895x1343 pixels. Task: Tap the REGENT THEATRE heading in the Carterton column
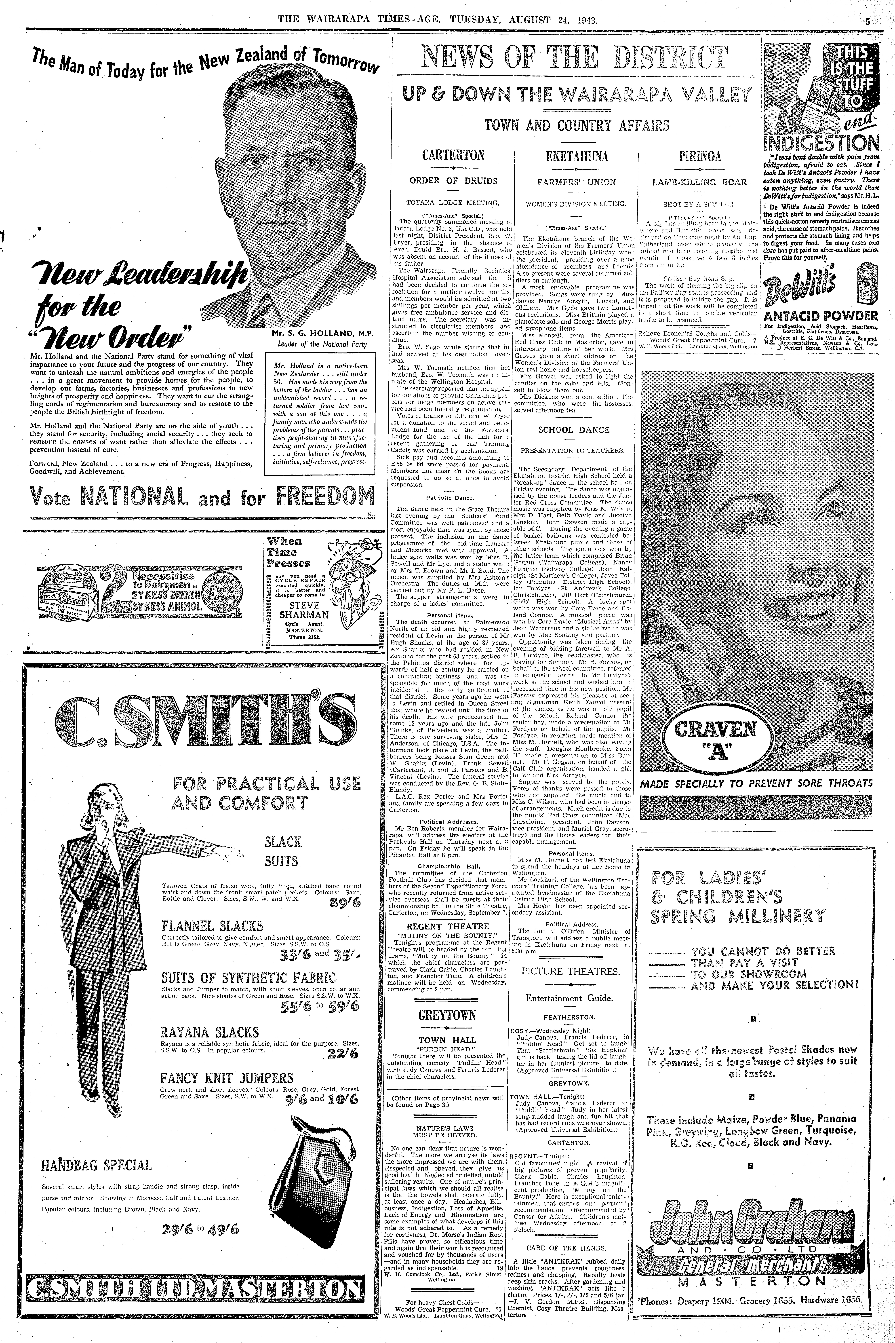point(448,926)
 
